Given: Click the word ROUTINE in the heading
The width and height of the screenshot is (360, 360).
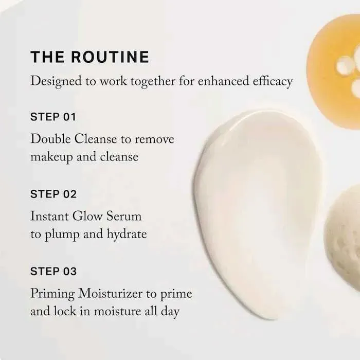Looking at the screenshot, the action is coord(110,57).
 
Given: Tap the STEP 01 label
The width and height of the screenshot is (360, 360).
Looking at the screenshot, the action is coord(53,117).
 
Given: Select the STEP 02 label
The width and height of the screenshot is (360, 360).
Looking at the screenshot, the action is coord(53,194).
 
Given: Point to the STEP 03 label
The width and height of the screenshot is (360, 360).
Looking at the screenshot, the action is coord(53,272).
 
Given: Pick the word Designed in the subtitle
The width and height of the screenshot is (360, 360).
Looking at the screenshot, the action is coord(56,81).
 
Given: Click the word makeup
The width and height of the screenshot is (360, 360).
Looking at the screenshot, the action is coord(51,157).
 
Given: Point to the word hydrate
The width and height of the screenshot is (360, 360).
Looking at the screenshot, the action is coord(127,235).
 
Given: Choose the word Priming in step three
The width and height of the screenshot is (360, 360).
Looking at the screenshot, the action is coord(52,294).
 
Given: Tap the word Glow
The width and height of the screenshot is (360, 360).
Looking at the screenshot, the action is coord(87,217).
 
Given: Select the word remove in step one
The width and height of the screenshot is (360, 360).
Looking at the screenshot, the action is coord(154,139).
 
